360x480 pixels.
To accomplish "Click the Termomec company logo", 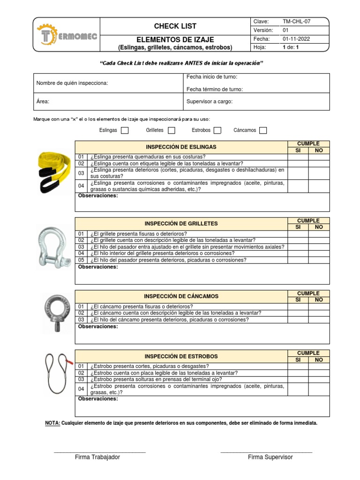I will pyautogui.click(x=67, y=35).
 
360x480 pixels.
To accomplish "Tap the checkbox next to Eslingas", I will pyautogui.click(x=125, y=130).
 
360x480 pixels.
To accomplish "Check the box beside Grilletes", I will pyautogui.click(x=172, y=130).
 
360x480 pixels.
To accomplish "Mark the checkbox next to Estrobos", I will pyautogui.click(x=218, y=130).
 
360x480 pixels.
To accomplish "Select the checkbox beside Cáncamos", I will pyautogui.click(x=263, y=130).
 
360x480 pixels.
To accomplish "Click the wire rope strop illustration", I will pyautogui.click(x=58, y=373).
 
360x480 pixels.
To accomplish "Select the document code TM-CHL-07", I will pyautogui.click(x=296, y=22).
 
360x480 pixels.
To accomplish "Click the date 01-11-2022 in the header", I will pyautogui.click(x=296, y=39).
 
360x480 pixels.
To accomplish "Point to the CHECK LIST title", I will pyautogui.click(x=175, y=26).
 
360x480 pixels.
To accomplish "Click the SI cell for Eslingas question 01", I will pyautogui.click(x=298, y=157).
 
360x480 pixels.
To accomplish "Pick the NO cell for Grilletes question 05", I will pyautogui.click(x=319, y=260).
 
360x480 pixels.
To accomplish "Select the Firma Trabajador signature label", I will pyautogui.click(x=97, y=457).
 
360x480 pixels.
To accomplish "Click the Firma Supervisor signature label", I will pyautogui.click(x=270, y=457).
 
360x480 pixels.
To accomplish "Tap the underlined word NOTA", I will pyautogui.click(x=52, y=423).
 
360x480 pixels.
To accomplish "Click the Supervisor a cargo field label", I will pyautogui.click(x=210, y=101).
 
